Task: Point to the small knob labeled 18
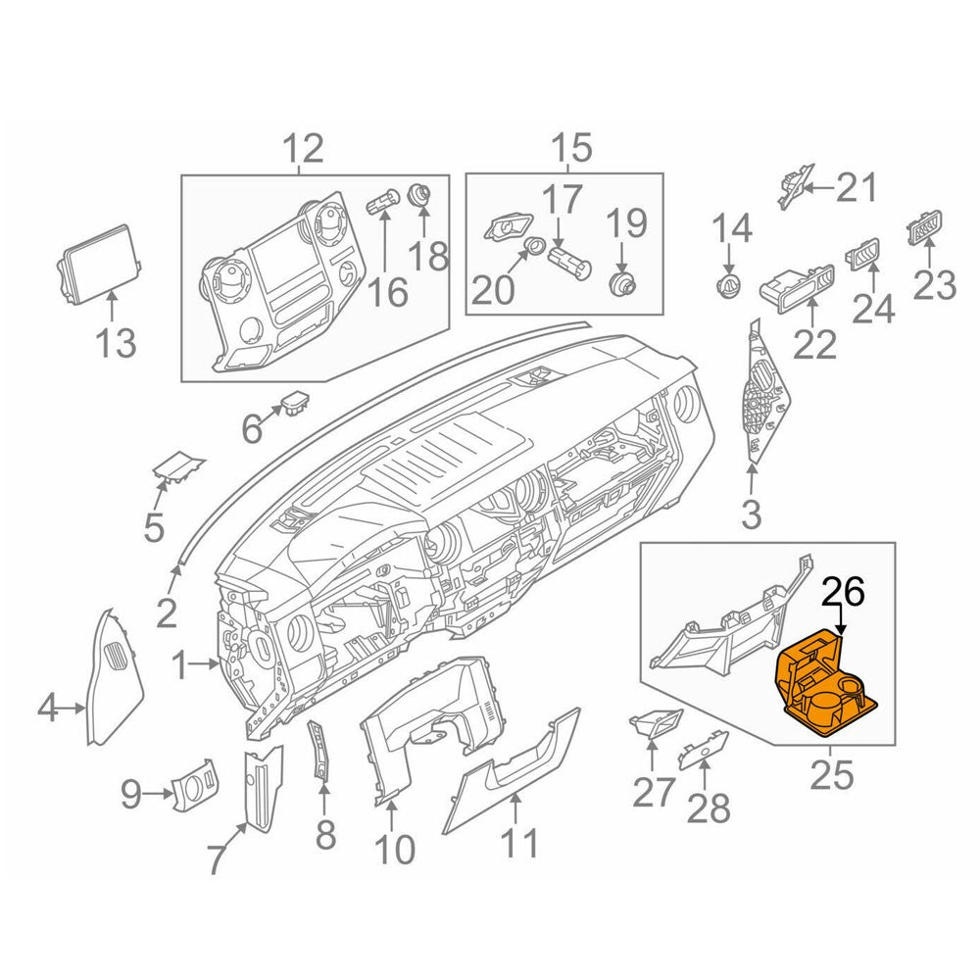(420, 194)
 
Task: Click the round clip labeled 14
(728, 286)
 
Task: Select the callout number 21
(856, 186)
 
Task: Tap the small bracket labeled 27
(654, 723)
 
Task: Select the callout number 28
(708, 808)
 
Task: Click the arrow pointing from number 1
(211, 667)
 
